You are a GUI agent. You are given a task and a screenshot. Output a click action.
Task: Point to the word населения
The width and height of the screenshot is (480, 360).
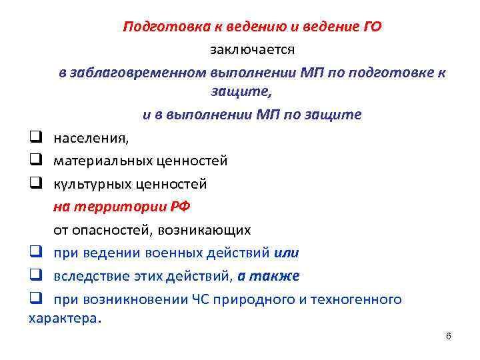coord(91,139)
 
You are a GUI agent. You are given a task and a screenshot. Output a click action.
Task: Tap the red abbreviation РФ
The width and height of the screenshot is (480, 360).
coord(181,206)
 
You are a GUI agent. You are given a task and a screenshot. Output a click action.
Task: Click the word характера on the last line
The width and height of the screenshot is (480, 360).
coord(63,319)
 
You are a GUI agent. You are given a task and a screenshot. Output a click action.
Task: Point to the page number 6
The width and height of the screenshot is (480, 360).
coord(449,336)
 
